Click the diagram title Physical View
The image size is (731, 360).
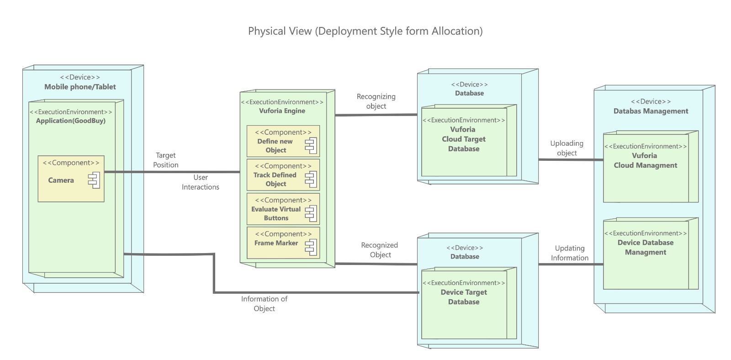pyautogui.click(x=365, y=31)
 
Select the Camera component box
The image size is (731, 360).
pyautogui.click(x=71, y=179)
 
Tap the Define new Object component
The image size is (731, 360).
pyautogui.click(x=283, y=141)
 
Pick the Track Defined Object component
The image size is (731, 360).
pyautogui.click(x=283, y=175)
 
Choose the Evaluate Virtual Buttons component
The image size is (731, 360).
pyautogui.click(x=283, y=209)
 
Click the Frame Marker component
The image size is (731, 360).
pyautogui.click(x=283, y=243)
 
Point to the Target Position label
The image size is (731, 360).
pyautogui.click(x=165, y=160)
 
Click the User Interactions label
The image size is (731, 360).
pyautogui.click(x=200, y=182)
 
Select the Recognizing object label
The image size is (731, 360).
pyautogui.click(x=376, y=101)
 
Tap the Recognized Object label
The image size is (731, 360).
pyautogui.click(x=380, y=250)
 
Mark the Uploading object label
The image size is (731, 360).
pyautogui.click(x=567, y=148)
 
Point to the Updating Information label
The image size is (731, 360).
pyautogui.click(x=569, y=253)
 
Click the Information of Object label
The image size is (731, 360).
pyautogui.click(x=264, y=303)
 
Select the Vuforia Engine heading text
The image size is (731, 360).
pyautogui.click(x=282, y=111)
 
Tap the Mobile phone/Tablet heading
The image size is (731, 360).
pyautogui.click(x=80, y=87)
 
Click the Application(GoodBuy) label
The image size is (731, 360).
pyautogui.click(x=71, y=121)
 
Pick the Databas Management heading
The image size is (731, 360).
pyautogui.click(x=651, y=111)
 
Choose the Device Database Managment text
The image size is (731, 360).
pyautogui.click(x=645, y=247)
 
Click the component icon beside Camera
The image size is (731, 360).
pyautogui.click(x=94, y=180)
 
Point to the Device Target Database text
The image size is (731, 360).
pyautogui.click(x=464, y=297)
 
